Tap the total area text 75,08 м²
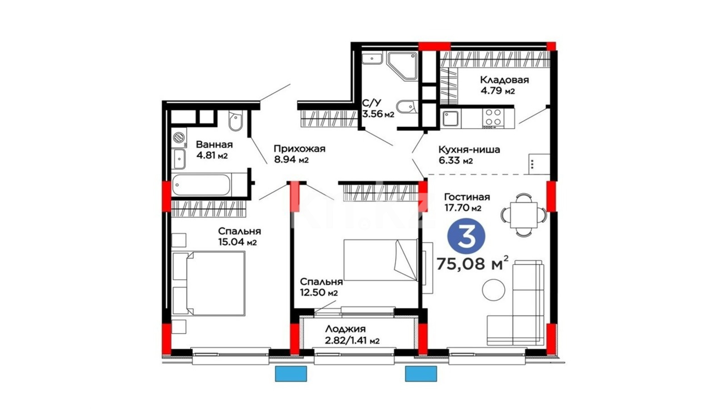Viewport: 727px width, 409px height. (x=472, y=264)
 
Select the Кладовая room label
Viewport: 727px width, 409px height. (x=504, y=80)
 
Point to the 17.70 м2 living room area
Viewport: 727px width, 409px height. (x=463, y=208)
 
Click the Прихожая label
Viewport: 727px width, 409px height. (x=299, y=149)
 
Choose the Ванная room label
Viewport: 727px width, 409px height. (x=214, y=145)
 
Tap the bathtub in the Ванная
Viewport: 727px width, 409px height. (x=201, y=185)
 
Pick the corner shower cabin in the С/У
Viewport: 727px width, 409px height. (x=403, y=66)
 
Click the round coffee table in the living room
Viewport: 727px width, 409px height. (x=493, y=290)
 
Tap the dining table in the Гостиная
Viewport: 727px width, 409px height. (x=523, y=214)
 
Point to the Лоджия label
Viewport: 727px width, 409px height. (x=345, y=329)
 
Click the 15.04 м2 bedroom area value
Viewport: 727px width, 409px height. (x=238, y=242)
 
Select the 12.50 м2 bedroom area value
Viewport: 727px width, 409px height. (x=319, y=293)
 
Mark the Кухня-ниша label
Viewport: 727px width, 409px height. (x=469, y=150)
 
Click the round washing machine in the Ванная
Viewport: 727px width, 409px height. (x=179, y=137)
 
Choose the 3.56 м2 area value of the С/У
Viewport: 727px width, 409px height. (x=378, y=114)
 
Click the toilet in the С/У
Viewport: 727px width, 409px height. (x=406, y=106)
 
